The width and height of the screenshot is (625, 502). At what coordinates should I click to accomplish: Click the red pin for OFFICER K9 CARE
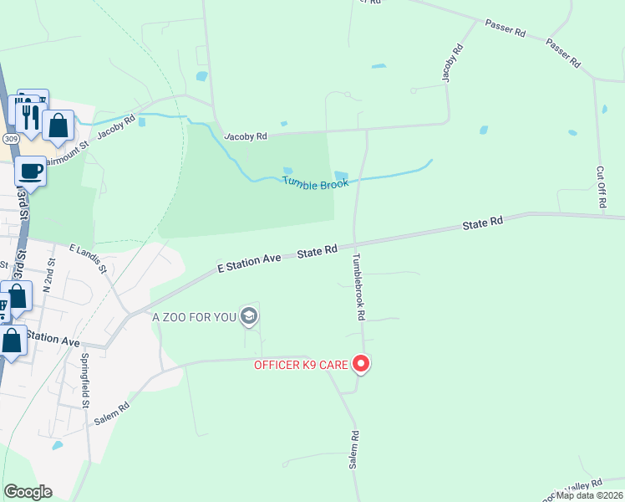[361, 364]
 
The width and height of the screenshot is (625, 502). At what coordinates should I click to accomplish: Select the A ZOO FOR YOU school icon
[248, 316]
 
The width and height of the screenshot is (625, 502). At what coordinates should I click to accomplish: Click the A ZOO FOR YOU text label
[194, 317]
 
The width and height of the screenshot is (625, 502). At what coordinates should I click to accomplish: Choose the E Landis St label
[89, 259]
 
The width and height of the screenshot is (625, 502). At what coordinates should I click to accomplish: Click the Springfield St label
[85, 379]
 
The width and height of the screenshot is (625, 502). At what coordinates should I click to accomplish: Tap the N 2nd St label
[51, 273]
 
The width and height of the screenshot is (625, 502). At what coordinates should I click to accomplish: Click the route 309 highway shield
[11, 138]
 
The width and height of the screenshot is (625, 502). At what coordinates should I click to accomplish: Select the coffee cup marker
[31, 171]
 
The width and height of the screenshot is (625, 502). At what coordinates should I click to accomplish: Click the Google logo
[28, 492]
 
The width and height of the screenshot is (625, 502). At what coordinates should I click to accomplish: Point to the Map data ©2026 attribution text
[590, 495]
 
